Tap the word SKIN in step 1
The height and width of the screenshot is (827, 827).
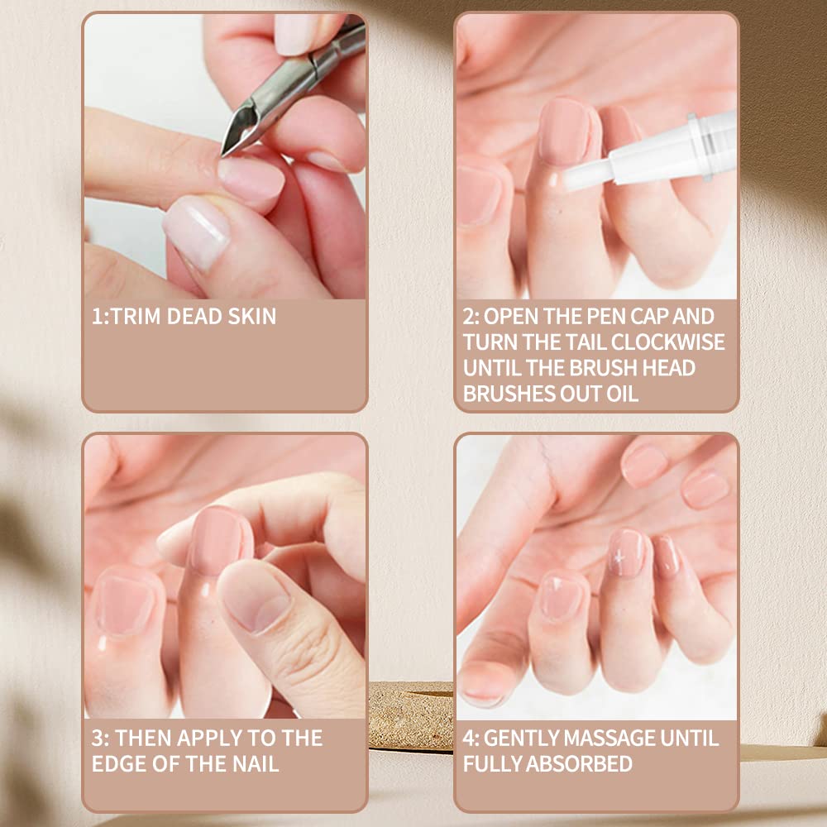[x=250, y=316]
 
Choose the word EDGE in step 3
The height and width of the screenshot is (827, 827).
[x=124, y=763]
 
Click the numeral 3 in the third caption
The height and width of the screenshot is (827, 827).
[x=97, y=738]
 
